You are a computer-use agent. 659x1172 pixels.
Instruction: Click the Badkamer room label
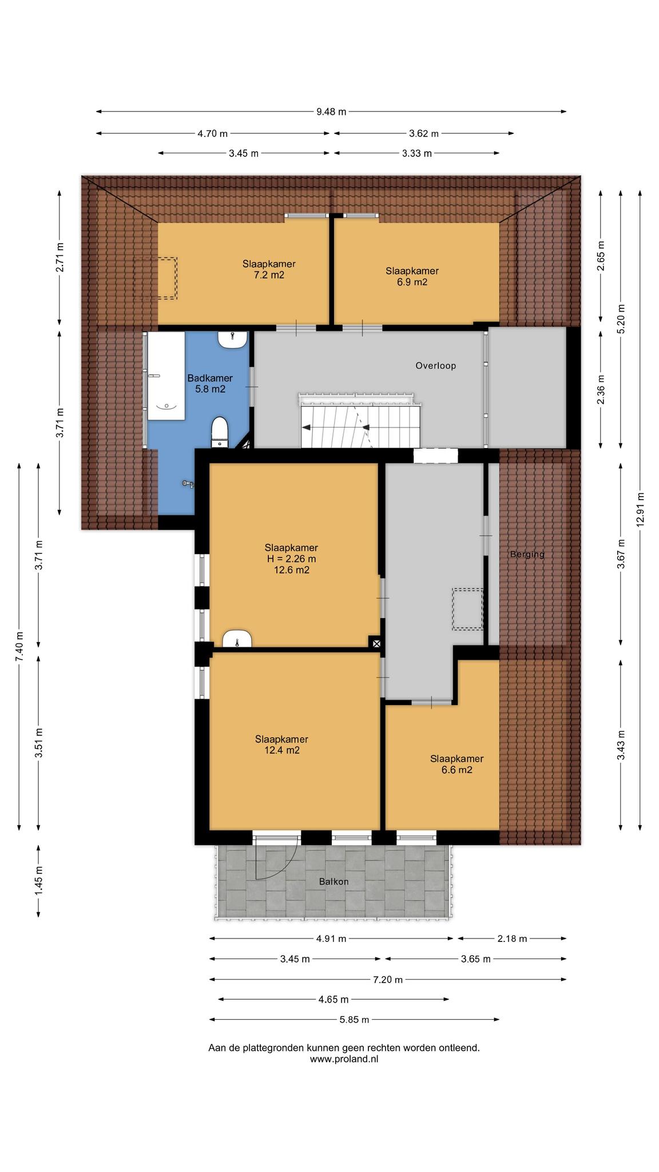point(210,378)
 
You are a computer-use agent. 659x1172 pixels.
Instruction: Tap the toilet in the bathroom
point(220,432)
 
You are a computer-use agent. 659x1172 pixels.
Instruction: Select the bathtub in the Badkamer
point(166,376)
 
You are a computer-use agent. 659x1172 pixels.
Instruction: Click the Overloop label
point(435,365)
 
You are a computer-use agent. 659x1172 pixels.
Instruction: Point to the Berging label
point(527,554)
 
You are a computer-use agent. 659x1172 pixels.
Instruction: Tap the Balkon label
point(334,881)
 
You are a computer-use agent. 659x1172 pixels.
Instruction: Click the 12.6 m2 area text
point(291,570)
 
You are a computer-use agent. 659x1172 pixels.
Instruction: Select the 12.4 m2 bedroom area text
point(281,750)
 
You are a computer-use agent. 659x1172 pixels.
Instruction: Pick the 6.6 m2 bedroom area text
point(456,770)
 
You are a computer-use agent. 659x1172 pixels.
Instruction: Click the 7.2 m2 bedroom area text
point(269,275)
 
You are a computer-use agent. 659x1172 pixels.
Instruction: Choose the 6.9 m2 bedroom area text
point(412,282)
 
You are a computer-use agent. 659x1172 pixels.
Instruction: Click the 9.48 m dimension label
point(331,112)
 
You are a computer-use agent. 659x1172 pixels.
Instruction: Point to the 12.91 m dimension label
point(640,509)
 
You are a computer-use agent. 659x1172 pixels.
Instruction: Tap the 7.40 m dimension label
point(19,646)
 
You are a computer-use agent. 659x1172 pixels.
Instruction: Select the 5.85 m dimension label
point(354,1019)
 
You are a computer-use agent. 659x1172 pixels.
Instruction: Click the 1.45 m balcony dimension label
point(38,881)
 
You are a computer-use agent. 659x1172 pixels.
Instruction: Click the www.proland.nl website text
point(344,1059)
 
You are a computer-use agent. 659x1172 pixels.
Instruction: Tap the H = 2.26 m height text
point(291,559)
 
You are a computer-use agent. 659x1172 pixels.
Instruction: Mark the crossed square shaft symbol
point(376,643)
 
